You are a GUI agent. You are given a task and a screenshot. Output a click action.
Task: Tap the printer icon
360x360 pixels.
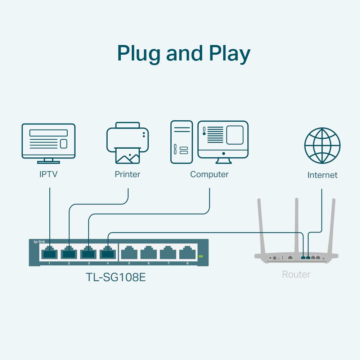point(127,142)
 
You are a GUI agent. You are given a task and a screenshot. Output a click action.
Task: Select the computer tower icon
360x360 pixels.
point(181,142)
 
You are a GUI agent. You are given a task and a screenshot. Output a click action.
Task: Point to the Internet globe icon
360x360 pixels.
point(322,145)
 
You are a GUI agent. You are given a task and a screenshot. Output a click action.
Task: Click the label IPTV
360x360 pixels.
point(49,175)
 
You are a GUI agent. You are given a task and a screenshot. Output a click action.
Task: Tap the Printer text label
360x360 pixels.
point(127,175)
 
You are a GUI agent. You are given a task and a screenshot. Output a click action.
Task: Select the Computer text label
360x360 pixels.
point(209,175)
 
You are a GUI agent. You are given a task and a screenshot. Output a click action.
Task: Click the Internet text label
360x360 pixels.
point(322,175)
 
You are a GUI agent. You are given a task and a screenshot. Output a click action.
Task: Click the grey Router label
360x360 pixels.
point(296,275)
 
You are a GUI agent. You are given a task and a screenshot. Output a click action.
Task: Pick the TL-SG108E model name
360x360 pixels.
point(116,278)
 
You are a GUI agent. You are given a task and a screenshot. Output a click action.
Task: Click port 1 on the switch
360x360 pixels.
point(49,253)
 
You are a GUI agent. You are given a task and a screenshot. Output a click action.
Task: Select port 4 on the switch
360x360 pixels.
point(108,253)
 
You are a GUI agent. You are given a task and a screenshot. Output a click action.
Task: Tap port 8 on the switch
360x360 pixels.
point(187,253)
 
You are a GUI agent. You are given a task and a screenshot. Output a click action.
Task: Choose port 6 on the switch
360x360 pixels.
point(148,253)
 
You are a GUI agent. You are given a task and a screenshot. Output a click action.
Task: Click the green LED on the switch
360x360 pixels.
point(201,256)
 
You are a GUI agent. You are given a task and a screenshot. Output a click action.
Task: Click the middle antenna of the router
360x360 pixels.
point(296,225)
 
